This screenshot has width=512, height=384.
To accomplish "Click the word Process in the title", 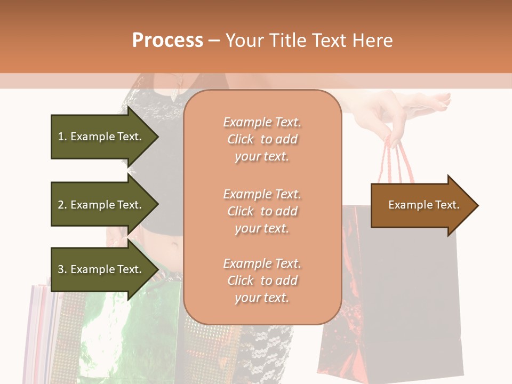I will pos(167,41).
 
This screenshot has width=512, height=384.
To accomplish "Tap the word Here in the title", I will pos(371,41).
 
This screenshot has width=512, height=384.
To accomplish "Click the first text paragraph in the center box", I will pos(262,139).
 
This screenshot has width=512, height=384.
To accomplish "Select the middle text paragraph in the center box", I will pos(262,211).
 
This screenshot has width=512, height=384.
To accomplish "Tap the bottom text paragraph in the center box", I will pos(262,281).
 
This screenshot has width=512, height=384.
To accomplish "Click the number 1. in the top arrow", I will pos(62,137).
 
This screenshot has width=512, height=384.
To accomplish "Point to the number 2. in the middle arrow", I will pos(62,205).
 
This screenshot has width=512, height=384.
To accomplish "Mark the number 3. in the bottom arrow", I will pos(62,269).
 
